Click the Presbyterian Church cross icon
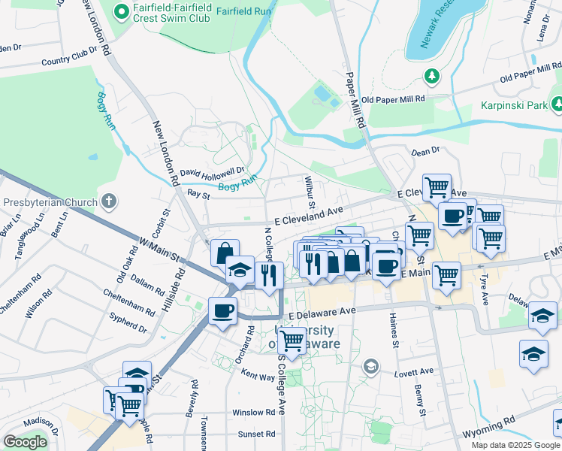pyautogui.click(x=109, y=201)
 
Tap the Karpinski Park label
pyautogui.click(x=515, y=106)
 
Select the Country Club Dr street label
pyautogui.click(x=70, y=58)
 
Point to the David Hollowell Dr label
pyautogui.click(x=213, y=171)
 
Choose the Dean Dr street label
pyautogui.click(x=425, y=152)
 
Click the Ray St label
pyautogui.click(x=198, y=194)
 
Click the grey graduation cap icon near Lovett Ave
pyautogui.click(x=370, y=366)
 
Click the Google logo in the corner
pyautogui.click(x=26, y=442)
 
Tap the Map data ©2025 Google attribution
pyautogui.click(x=515, y=445)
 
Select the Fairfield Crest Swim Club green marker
pyautogui.click(x=119, y=11)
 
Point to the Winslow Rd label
pyautogui.click(x=253, y=413)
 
